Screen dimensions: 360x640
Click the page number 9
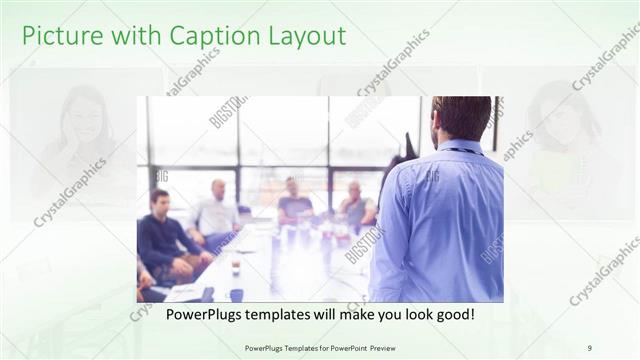[x=589, y=347]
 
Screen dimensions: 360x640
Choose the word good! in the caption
[x=453, y=314]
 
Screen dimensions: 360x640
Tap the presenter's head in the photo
[x=462, y=118]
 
